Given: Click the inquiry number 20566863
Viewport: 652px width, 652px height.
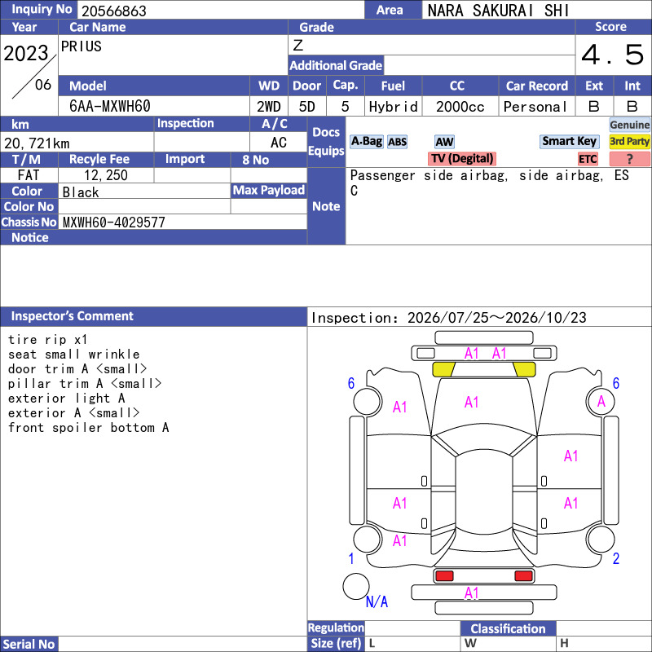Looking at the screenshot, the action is coord(114,11).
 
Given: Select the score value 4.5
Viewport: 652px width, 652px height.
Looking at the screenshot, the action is coord(613,55).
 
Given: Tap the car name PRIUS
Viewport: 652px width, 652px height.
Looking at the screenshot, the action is coord(81,46).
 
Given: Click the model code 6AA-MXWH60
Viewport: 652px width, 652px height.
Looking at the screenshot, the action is coord(110,107).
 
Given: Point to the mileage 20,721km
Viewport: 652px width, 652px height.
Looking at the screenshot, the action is coord(37,143).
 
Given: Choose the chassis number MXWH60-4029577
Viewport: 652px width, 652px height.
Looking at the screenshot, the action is coord(114,222).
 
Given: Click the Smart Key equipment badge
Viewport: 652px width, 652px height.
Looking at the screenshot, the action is coord(569,141).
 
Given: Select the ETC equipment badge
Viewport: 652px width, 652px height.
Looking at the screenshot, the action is coord(588,159).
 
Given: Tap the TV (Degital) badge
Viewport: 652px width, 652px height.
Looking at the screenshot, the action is coord(462,158).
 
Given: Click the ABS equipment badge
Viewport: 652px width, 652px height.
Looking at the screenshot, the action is coord(397,142).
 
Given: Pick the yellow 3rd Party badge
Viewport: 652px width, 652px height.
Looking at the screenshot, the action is coord(629,141).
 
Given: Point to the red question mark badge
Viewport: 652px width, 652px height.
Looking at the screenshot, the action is coord(629,159).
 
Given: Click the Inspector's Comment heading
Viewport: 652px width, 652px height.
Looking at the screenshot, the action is coord(73,316).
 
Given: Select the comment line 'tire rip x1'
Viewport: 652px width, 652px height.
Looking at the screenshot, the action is coord(48,339).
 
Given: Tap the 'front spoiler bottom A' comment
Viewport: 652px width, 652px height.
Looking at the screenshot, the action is coord(89,427).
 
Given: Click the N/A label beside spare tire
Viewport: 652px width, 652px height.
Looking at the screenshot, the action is coord(377,601).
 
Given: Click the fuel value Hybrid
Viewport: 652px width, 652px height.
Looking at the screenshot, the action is coord(393,107).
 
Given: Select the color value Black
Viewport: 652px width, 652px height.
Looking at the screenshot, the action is coord(81,192).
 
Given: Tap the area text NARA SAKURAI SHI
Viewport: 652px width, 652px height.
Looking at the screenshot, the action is coord(498,11).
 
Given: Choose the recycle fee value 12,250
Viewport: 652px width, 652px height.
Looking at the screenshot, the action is coord(106,175).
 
